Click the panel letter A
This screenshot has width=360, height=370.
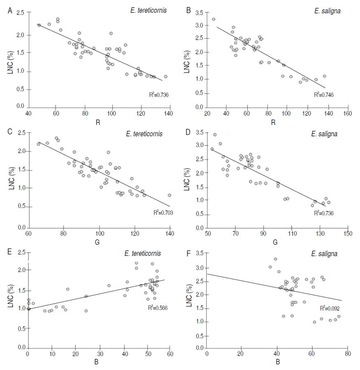pyautogui.click(x=10, y=11)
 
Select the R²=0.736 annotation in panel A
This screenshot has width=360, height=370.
pyautogui.click(x=159, y=95)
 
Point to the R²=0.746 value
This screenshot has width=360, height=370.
pyautogui.click(x=324, y=95)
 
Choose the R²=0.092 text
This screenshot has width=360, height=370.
pyautogui.click(x=330, y=307)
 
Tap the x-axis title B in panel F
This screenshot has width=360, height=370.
pyautogui.click(x=277, y=363)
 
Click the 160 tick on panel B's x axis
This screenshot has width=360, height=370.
pyautogui.click(x=348, y=113)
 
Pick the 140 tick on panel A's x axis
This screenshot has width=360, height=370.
pyautogui.click(x=170, y=113)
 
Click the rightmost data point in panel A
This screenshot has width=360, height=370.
pyautogui.click(x=166, y=77)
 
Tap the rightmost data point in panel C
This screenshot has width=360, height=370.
pyautogui.click(x=169, y=195)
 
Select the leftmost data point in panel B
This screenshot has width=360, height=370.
pyautogui.click(x=213, y=19)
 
